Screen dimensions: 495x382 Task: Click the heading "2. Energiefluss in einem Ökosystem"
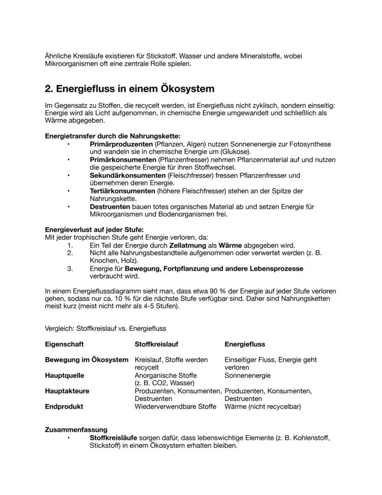(129, 88)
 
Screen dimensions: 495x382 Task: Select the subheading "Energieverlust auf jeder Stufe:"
(94, 230)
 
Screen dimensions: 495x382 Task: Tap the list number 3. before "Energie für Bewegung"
(70, 269)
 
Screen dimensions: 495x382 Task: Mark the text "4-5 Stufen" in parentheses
(153, 306)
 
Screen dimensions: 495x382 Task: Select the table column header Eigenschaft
(64, 344)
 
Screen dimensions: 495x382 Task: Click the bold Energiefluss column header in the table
(245, 344)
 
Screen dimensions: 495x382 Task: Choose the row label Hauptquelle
(64, 376)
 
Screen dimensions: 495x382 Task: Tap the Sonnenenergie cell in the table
(247, 376)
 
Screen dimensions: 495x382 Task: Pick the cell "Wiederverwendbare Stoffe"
(175, 407)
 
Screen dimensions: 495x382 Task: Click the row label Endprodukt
(64, 407)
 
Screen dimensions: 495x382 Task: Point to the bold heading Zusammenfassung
(76, 430)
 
